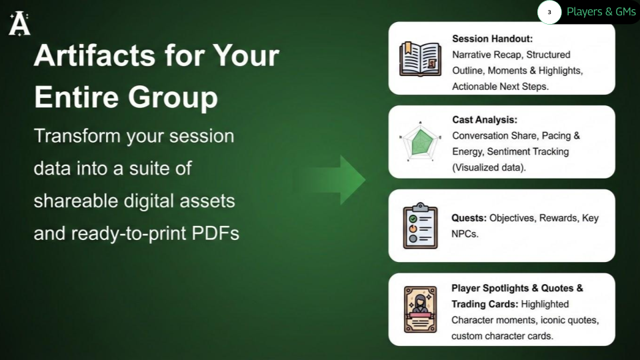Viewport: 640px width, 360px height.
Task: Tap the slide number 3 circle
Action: pos(549,12)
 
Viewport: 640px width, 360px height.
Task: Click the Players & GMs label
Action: pos(601,12)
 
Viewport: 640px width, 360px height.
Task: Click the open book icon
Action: pos(420,58)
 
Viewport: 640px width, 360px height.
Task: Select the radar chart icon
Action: pos(420,141)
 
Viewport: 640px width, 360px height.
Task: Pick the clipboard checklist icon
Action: pos(420,226)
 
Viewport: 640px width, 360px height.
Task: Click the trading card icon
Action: pos(420,309)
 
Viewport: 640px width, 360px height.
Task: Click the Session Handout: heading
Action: pos(492,39)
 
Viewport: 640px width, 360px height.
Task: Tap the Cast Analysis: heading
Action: pos(485,120)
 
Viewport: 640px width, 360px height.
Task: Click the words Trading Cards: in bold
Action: pos(485,304)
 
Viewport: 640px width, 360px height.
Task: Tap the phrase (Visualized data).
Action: pos(489,167)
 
